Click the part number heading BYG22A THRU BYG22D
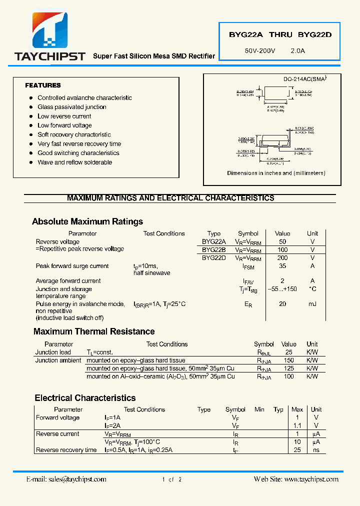coord(280,35)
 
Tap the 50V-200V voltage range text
coord(260,50)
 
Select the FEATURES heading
coord(43,85)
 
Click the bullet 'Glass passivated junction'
coord(71,107)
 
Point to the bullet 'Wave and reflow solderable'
coord(74,162)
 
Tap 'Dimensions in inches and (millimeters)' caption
coord(276,173)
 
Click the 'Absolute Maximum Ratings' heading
coord(87,221)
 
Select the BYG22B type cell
coord(213,249)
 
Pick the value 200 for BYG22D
coord(282,258)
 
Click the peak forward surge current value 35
coord(282,266)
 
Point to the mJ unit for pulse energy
coord(312,304)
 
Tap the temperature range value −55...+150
coord(282,289)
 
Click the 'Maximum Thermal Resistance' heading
coord(94,331)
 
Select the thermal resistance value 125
coord(288,368)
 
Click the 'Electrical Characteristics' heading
coord(85,398)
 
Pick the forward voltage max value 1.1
coord(297,425)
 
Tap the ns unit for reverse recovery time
coord(316,450)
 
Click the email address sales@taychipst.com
coord(66,479)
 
